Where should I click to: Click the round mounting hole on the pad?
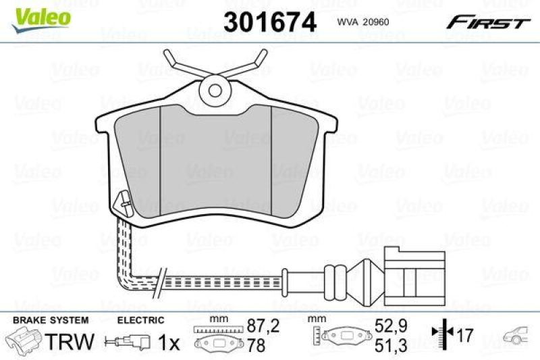(216, 88)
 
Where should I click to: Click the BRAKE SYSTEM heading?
(50, 320)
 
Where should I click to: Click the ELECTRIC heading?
(141, 320)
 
